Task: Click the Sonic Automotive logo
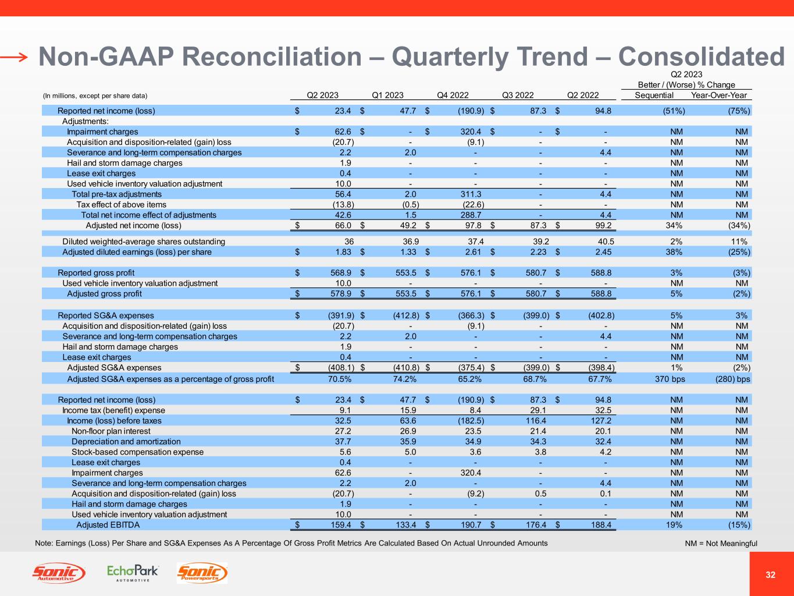coord(58,573)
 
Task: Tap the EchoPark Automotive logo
coord(133,573)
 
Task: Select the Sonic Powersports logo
coord(202,573)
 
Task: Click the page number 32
coord(771,575)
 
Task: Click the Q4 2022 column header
coord(453,95)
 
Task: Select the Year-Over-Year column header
coord(718,95)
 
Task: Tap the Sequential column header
coord(654,95)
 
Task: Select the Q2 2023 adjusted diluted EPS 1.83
coord(341,252)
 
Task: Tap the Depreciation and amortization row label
coord(126,442)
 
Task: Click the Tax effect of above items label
coord(121,204)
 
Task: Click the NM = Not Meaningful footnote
coord(721,544)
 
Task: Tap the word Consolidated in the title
coord(701,56)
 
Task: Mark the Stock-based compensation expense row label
coord(137,452)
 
